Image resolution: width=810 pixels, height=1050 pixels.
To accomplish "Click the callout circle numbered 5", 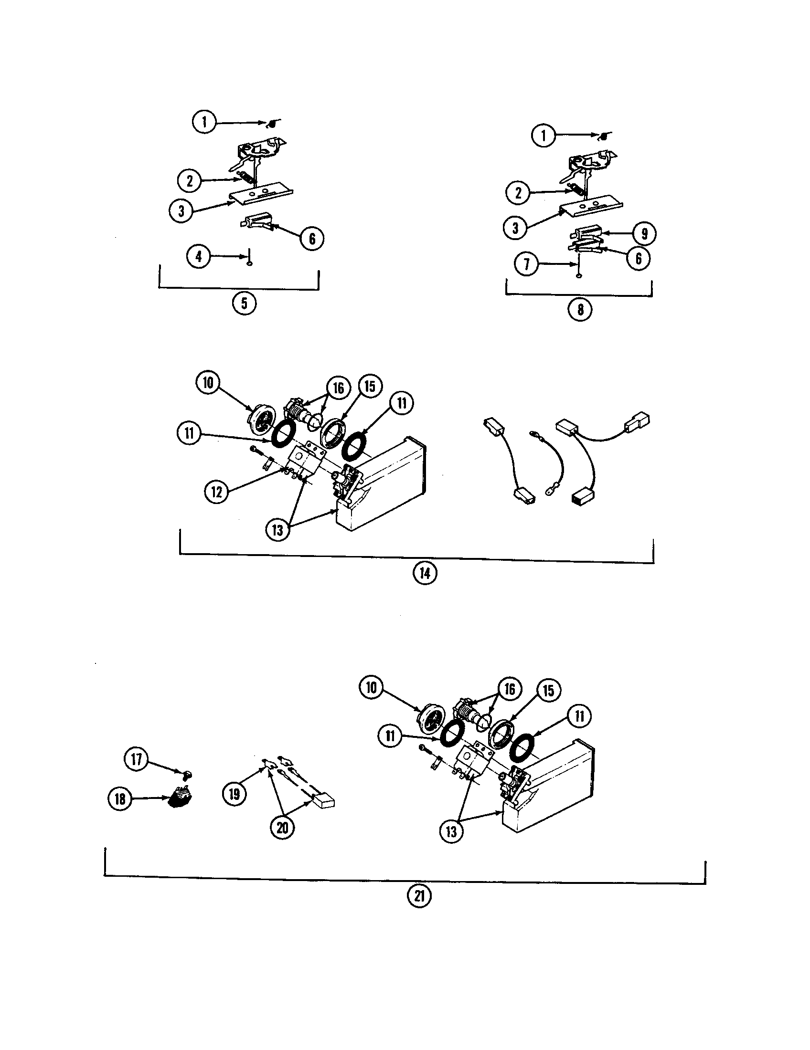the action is click(244, 304).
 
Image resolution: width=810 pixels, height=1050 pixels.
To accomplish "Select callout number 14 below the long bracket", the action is click(425, 573).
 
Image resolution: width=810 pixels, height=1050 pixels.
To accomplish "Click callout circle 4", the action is click(199, 256).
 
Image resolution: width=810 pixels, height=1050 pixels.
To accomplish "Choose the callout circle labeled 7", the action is click(527, 263).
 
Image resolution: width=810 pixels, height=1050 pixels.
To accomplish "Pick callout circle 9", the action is click(644, 234).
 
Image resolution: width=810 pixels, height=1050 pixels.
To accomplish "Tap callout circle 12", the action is click(217, 491).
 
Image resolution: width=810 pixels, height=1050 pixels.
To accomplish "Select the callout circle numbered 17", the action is click(137, 759).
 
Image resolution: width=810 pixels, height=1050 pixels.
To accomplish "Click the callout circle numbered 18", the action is click(120, 798).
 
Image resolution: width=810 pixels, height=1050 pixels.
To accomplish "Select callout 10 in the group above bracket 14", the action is click(208, 382).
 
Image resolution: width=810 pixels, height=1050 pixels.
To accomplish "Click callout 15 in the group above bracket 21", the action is click(549, 691).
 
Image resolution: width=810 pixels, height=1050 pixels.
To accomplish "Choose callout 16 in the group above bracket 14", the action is click(339, 388).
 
